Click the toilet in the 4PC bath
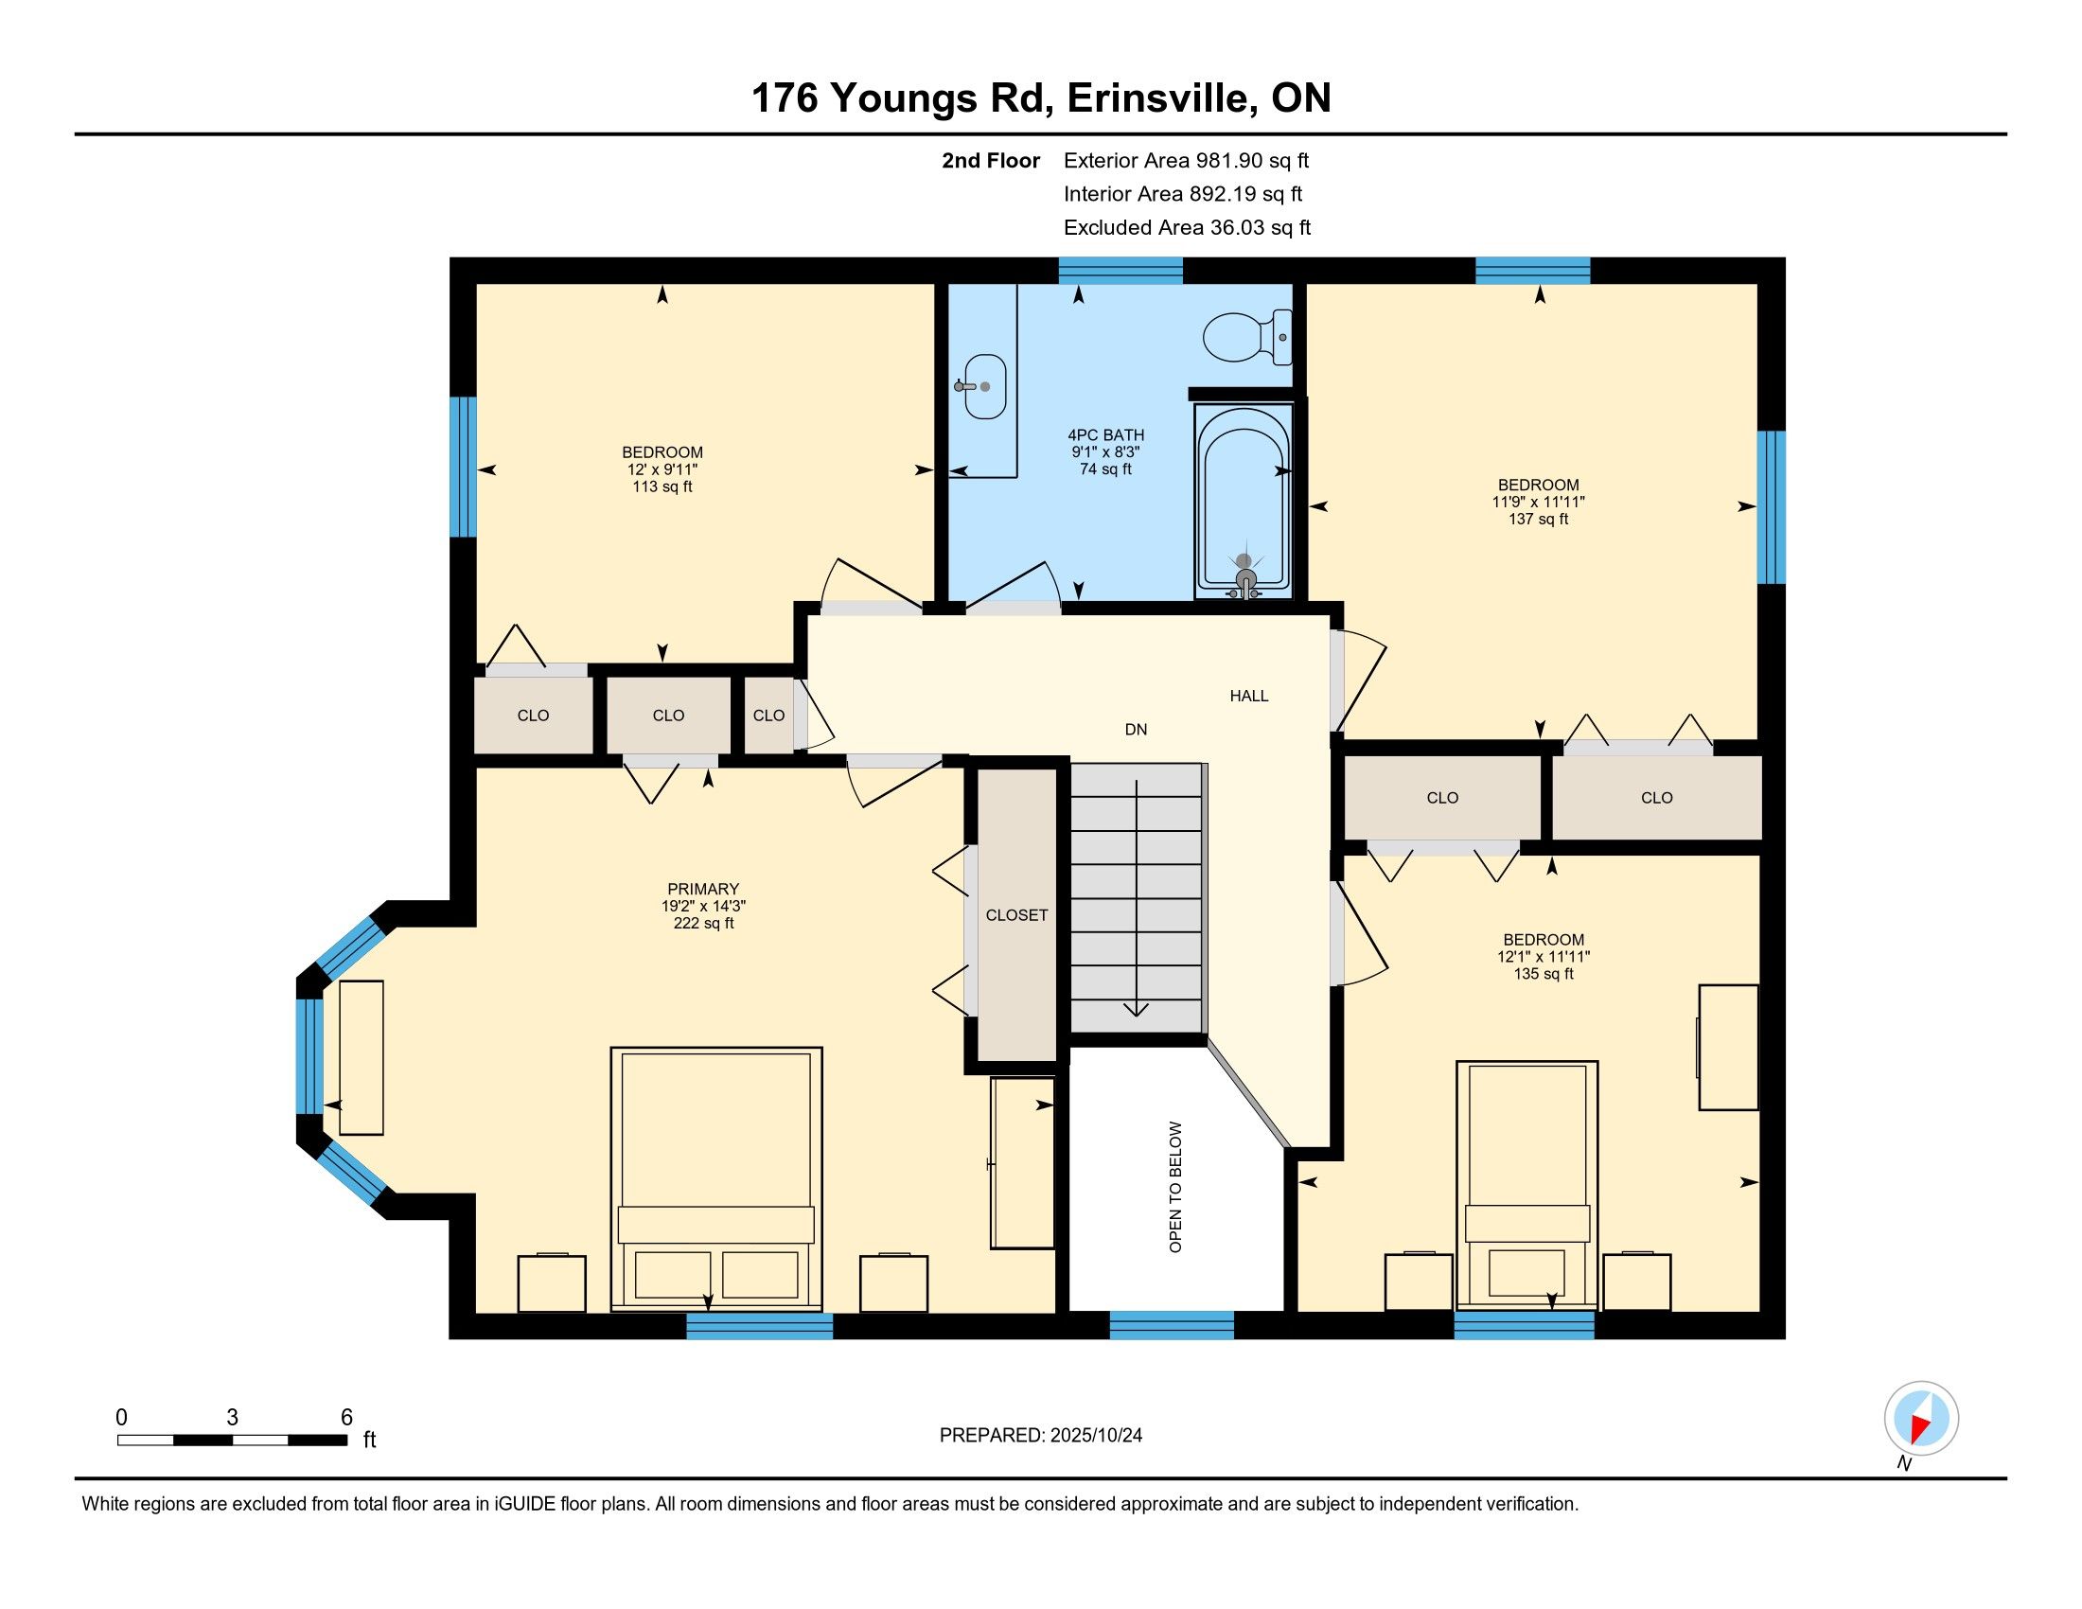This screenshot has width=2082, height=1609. pos(1248,338)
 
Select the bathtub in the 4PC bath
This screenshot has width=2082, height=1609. pos(1244,502)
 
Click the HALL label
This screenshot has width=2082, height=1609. pos(1249,696)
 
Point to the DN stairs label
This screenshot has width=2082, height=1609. pos(1136,729)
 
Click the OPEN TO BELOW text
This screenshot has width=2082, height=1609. pos(1175,1187)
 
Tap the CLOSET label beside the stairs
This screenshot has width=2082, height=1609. pos(1016,915)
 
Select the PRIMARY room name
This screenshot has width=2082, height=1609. pos(703,890)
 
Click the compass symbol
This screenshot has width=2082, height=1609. pos(1921,1418)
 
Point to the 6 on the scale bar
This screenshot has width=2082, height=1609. pos(346,1417)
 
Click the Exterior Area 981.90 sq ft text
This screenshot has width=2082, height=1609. pos(1187,160)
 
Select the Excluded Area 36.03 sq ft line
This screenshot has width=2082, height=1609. pos(1188,228)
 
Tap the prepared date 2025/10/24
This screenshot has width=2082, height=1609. pos(1094,1436)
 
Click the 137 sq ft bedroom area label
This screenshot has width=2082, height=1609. pos(1539,520)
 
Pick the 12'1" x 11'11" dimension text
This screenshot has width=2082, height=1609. pos(1544,957)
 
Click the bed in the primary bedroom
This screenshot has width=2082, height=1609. pos(716,1178)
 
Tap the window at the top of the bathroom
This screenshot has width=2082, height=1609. pos(1121,271)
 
